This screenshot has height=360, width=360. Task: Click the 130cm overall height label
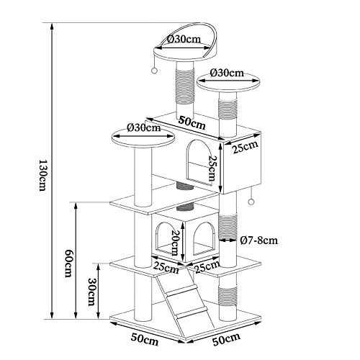click(42, 175)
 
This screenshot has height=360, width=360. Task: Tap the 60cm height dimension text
click(69, 264)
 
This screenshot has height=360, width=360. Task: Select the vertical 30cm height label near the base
click(91, 292)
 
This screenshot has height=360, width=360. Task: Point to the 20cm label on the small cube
click(175, 243)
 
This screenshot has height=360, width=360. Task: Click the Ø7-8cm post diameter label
click(259, 240)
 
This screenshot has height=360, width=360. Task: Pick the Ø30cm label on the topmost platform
click(184, 39)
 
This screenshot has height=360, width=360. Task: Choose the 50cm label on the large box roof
click(192, 123)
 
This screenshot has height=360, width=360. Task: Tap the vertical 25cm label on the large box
click(212, 168)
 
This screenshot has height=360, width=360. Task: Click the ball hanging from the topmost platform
click(154, 71)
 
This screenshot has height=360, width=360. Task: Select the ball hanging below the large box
click(251, 202)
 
